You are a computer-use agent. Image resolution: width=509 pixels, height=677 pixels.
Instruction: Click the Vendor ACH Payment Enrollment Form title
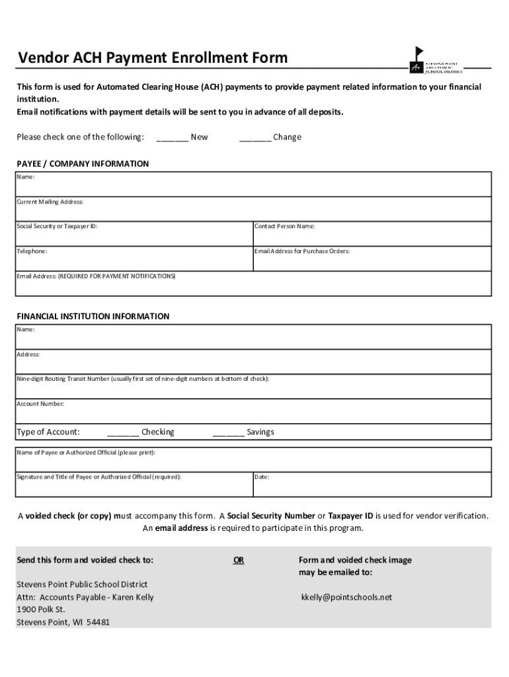[153, 58]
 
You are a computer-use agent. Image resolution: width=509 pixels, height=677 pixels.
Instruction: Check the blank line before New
[172, 138]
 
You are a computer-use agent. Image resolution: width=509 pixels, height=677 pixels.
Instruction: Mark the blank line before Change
[255, 138]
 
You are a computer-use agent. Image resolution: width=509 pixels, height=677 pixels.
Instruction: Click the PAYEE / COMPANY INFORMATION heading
[83, 163]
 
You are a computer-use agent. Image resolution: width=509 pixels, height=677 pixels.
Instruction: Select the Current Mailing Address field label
[50, 202]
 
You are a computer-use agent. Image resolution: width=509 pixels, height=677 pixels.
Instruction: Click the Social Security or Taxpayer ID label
[57, 226]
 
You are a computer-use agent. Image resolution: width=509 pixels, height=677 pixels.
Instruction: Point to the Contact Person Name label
[285, 226]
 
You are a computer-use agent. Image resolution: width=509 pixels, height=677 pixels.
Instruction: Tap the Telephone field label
[32, 251]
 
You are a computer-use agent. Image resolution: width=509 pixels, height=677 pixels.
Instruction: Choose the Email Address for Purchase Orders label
[302, 251]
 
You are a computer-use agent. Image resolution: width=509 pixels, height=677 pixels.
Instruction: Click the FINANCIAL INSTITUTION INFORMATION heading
[93, 316]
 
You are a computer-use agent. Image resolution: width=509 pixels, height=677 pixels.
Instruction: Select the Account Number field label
[40, 403]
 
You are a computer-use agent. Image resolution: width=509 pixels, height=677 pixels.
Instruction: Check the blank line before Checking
[122, 432]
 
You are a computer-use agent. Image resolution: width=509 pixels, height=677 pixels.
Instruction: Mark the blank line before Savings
[228, 432]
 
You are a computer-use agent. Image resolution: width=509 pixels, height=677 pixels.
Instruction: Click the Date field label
[262, 477]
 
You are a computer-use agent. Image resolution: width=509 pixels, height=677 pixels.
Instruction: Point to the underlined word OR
[239, 560]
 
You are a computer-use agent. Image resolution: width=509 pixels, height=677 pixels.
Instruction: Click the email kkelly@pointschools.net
[346, 597]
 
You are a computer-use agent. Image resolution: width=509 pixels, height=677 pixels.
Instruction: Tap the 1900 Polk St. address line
[41, 610]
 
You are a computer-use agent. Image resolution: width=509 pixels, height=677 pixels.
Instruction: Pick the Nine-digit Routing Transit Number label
[143, 379]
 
